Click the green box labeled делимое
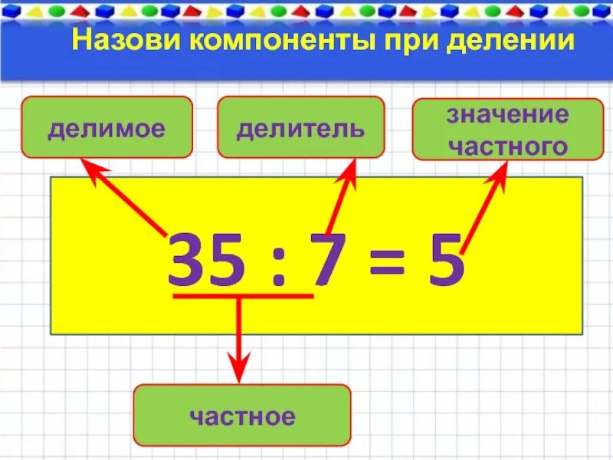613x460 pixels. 106,127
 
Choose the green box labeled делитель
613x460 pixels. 300,127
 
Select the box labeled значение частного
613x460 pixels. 508,130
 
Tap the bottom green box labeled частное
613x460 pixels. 241,416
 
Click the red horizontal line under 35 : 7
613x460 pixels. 243,295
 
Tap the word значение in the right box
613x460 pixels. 508,116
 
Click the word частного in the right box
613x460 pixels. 508,144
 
